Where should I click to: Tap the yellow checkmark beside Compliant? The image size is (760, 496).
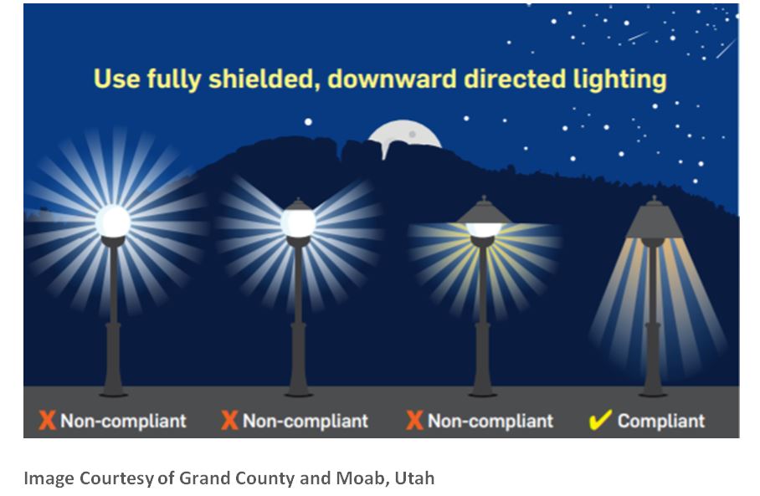[x=600, y=420]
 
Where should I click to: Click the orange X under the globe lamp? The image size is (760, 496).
[x=47, y=421]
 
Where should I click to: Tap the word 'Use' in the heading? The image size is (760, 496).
[x=117, y=79]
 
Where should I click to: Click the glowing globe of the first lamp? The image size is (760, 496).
[x=113, y=222]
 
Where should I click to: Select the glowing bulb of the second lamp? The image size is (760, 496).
[x=298, y=222]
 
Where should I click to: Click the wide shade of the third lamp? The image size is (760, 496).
[x=483, y=213]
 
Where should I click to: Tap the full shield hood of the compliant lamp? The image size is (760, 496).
[x=654, y=219]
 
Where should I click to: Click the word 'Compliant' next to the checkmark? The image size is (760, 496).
[x=661, y=421]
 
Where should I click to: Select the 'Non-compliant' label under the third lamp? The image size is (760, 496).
[x=490, y=421]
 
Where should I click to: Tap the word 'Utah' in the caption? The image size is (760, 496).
[x=414, y=478]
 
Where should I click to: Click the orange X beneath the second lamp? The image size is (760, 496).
[x=229, y=421]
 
